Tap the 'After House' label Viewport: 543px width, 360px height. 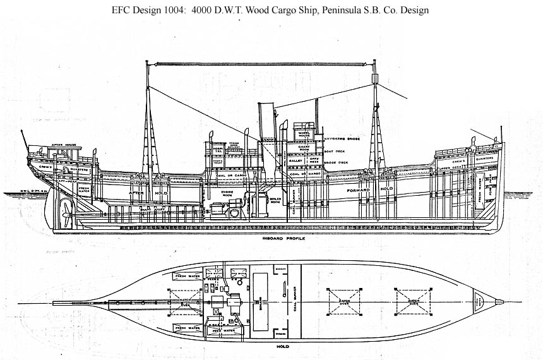click(64, 145)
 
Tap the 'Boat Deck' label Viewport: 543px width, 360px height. click(333, 150)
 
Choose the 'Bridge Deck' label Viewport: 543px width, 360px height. click(335, 162)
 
